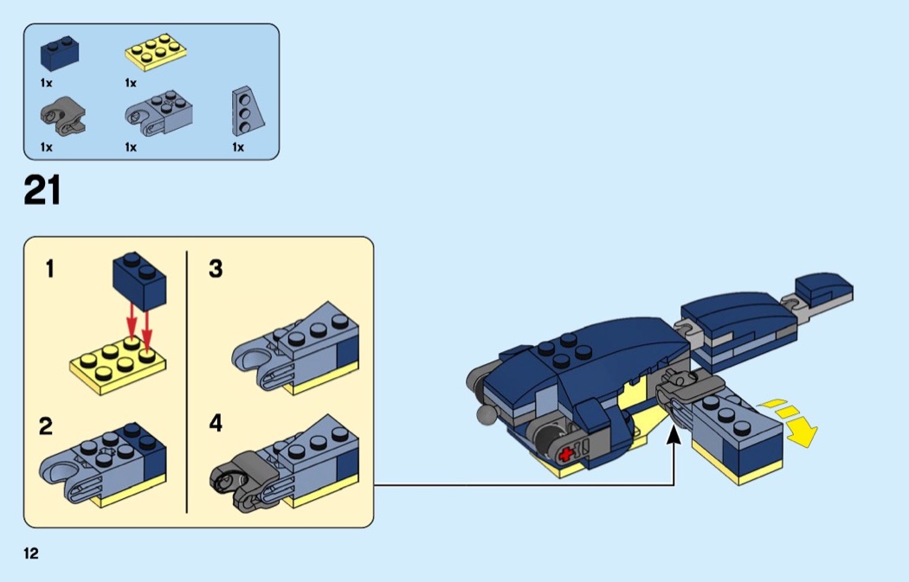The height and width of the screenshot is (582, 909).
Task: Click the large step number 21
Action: tap(42, 190)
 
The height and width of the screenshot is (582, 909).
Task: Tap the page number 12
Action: tap(31, 553)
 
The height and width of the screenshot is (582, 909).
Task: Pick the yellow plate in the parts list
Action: tap(157, 52)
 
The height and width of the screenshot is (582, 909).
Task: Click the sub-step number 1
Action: tap(49, 270)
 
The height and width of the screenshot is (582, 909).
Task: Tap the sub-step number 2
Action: tap(46, 426)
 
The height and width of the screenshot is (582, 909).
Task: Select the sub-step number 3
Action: tap(216, 270)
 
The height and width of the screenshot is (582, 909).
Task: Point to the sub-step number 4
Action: tap(216, 424)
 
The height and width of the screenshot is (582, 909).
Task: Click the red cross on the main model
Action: tap(567, 453)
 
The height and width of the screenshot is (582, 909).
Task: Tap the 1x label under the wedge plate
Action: tap(238, 147)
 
